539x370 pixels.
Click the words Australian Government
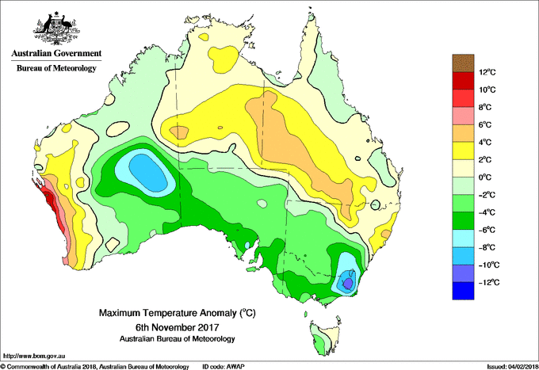click(55, 54)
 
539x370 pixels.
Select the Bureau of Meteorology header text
click(55, 68)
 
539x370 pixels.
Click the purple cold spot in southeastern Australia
click(348, 282)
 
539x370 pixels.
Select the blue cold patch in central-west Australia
click(144, 169)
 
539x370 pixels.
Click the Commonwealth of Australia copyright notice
click(95, 366)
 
